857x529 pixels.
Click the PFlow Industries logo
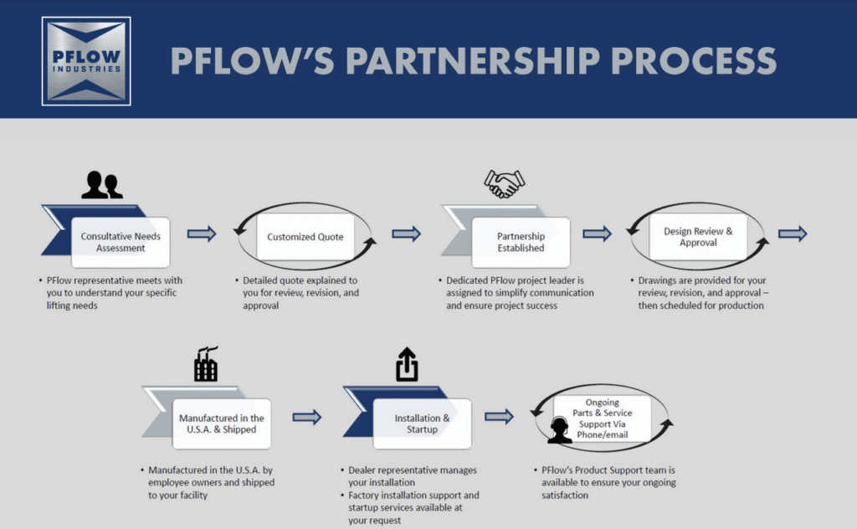point(86,61)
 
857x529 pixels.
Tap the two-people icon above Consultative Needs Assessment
point(101,185)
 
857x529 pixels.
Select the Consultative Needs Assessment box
point(121,242)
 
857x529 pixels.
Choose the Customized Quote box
point(305,237)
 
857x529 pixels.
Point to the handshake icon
point(504,183)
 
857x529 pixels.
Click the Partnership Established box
point(521,242)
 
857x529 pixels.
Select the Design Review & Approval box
point(698,237)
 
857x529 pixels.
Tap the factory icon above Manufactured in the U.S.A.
point(206,365)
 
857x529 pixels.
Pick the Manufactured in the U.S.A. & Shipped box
point(222,424)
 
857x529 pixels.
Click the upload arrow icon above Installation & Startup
point(407,365)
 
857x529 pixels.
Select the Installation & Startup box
point(422,424)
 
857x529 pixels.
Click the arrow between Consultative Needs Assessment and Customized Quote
point(201,234)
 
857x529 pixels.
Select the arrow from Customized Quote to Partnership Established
point(406,234)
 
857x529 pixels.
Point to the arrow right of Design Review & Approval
point(792,234)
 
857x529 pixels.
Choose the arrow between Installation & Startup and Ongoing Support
point(499,417)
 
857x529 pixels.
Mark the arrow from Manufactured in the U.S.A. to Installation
point(307,417)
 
